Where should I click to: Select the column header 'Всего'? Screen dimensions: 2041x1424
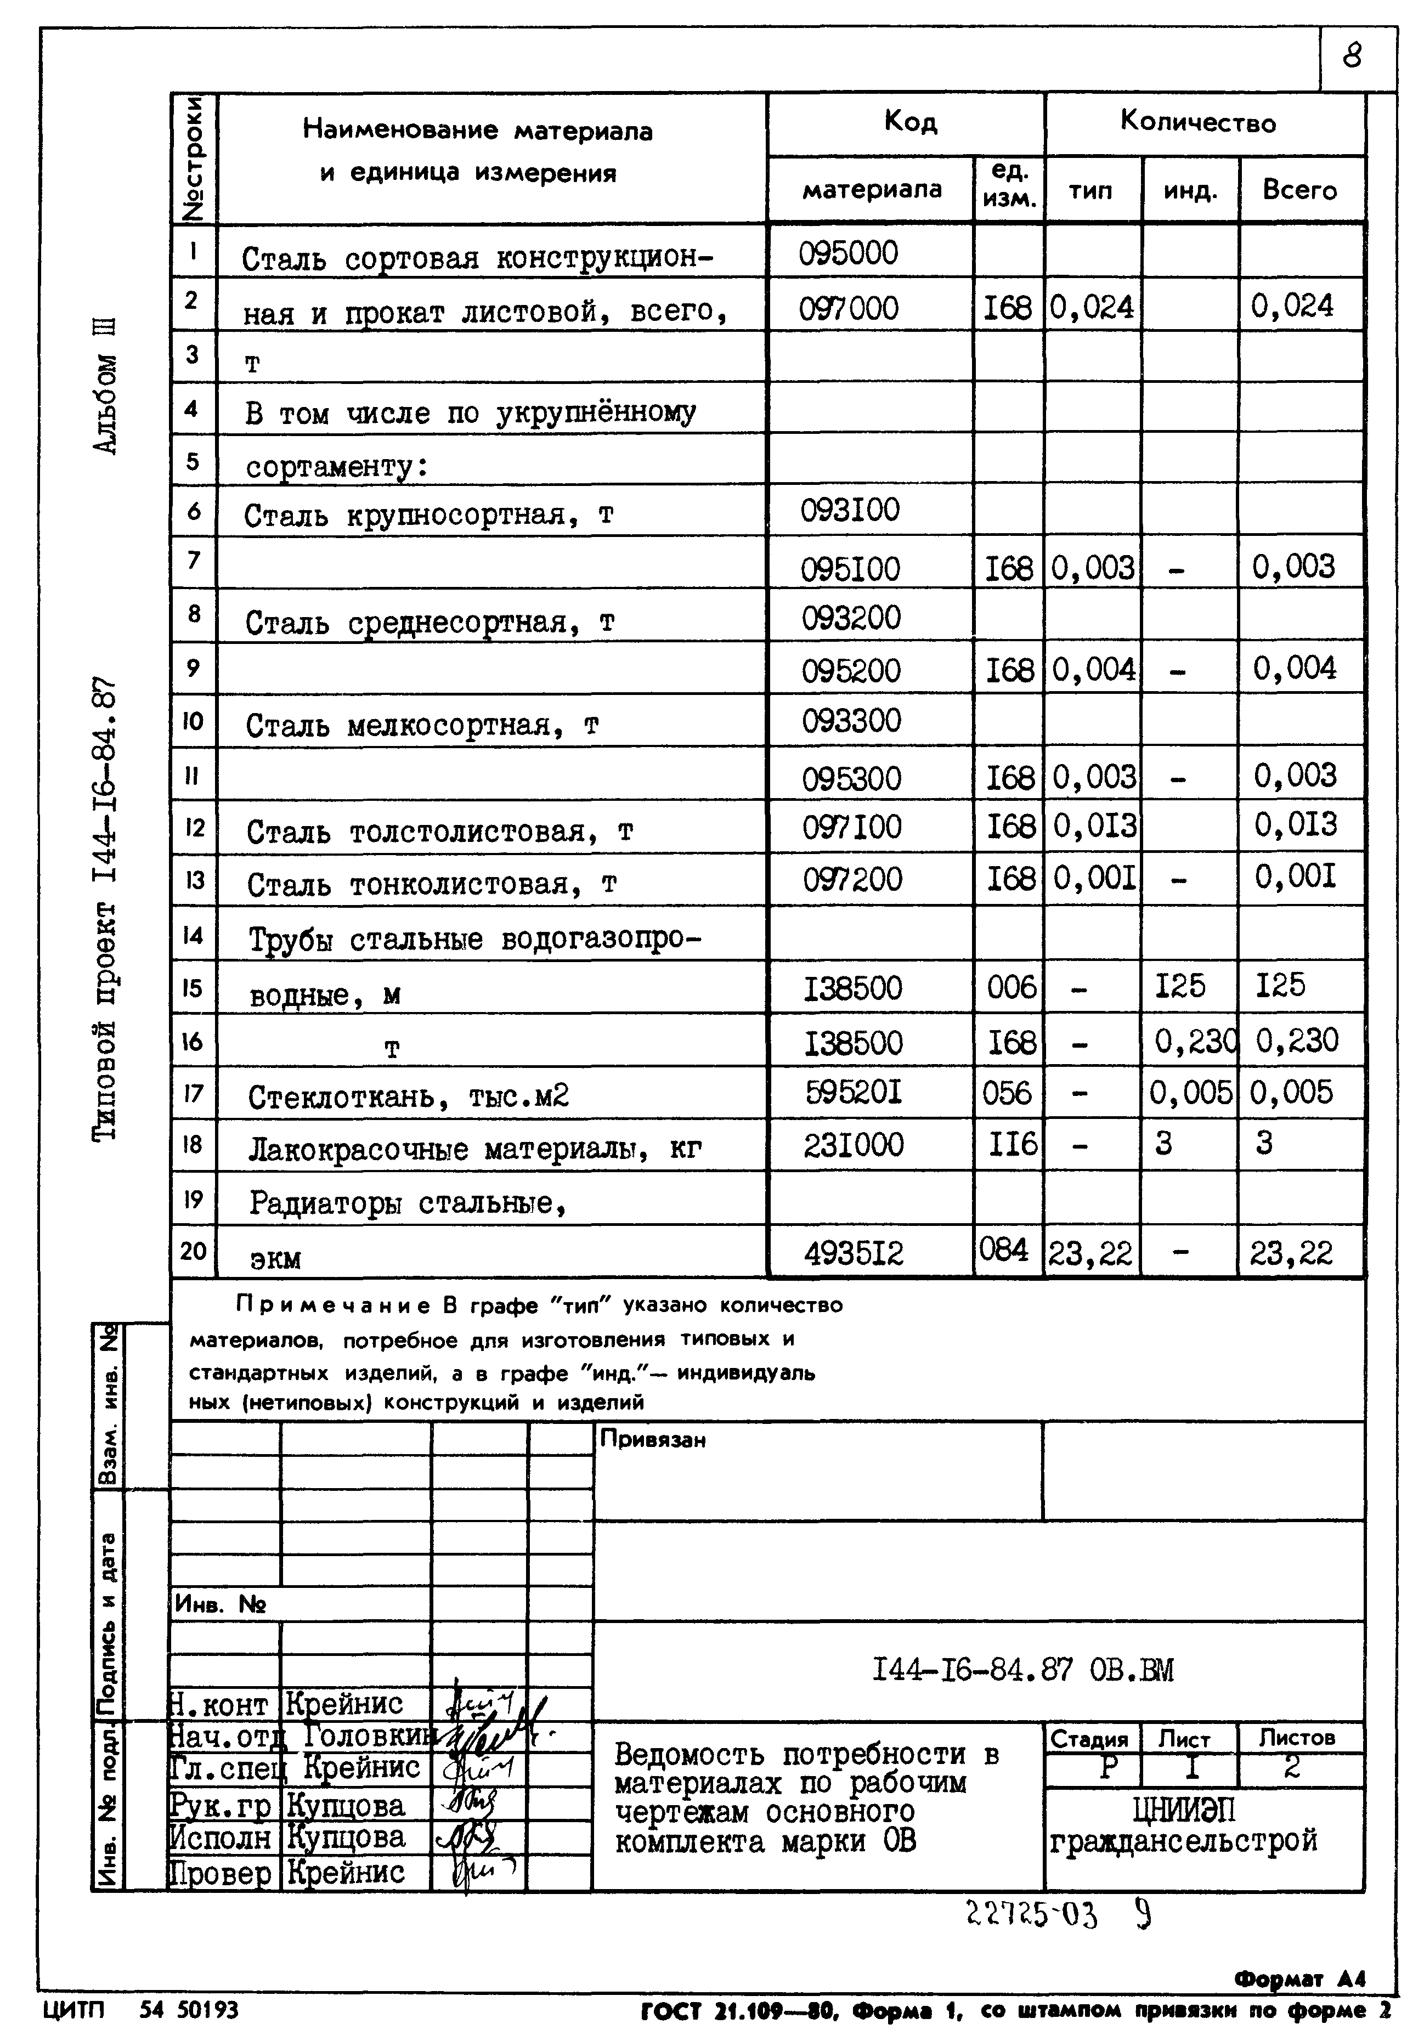coord(1299,190)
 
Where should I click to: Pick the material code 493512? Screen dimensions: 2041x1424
coord(854,1253)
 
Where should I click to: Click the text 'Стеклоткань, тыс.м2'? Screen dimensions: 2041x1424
coord(408,1097)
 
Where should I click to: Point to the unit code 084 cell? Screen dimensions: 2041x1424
coord(1004,1250)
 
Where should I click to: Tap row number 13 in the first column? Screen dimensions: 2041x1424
coord(194,880)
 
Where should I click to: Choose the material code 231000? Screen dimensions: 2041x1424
coord(854,1145)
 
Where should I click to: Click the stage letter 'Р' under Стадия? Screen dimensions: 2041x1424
coord(1107,1767)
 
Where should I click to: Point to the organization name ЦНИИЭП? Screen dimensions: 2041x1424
coord(1184,1811)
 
